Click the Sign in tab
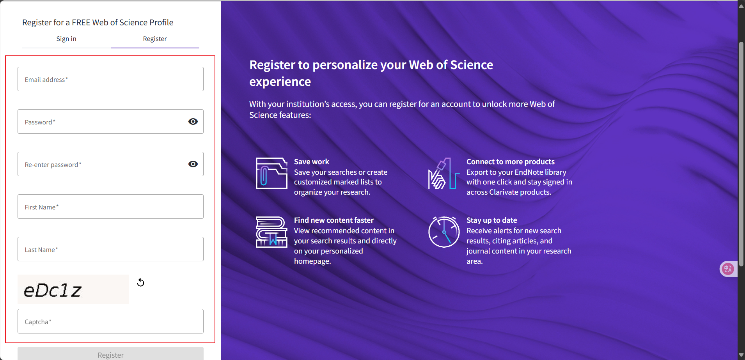pyautogui.click(x=66, y=39)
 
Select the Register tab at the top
pyautogui.click(x=155, y=39)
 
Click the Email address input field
pyautogui.click(x=110, y=79)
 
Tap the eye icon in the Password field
pyautogui.click(x=193, y=122)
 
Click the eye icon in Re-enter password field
pyautogui.click(x=193, y=164)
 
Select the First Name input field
pyautogui.click(x=110, y=207)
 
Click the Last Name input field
pyautogui.click(x=110, y=249)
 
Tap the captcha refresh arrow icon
pyautogui.click(x=141, y=282)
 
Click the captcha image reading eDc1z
pyautogui.click(x=73, y=289)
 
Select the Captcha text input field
pyautogui.click(x=110, y=321)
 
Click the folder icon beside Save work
pyautogui.click(x=271, y=174)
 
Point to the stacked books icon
pyautogui.click(x=271, y=232)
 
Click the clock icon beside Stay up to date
pyautogui.click(x=444, y=232)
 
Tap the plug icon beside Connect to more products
pyautogui.click(x=443, y=174)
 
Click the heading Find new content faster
pyautogui.click(x=333, y=220)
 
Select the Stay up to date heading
pyautogui.click(x=491, y=220)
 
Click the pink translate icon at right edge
pyautogui.click(x=728, y=269)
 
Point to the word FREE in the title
pyautogui.click(x=81, y=23)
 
